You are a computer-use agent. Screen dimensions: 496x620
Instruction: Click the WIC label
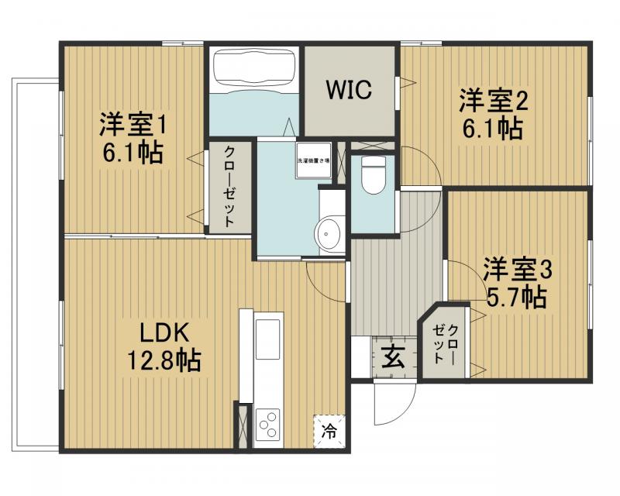coord(348,90)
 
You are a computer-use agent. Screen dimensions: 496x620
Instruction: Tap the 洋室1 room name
coord(132,123)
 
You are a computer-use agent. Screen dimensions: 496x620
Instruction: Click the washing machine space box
coord(314,160)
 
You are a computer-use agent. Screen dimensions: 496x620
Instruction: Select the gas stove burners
coord(268,425)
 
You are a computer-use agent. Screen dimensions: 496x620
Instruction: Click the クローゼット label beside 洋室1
coord(229,186)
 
